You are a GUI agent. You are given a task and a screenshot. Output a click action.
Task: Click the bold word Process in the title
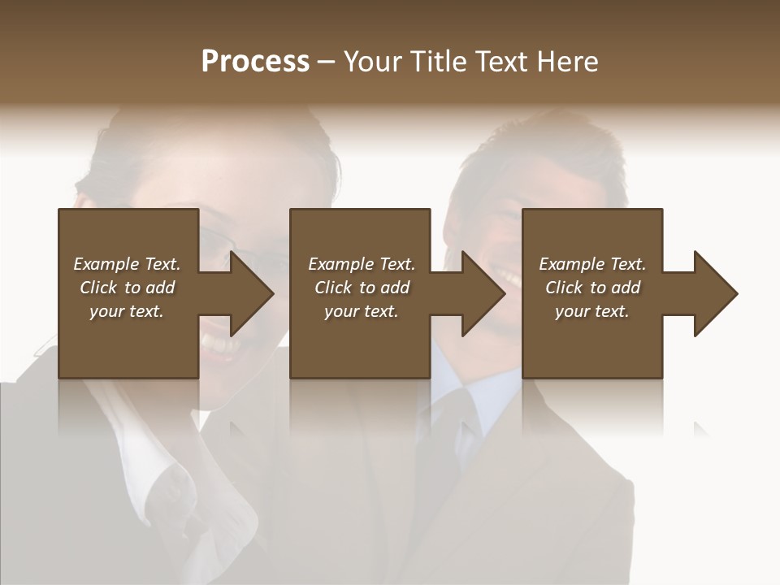(x=255, y=61)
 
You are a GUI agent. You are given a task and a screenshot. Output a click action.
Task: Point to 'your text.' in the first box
(x=127, y=311)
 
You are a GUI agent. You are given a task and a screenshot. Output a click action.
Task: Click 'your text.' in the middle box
(x=361, y=311)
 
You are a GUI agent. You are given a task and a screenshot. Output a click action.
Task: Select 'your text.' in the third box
(x=591, y=311)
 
